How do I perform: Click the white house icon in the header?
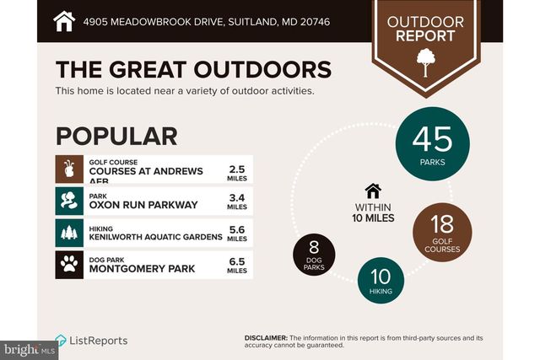point(64,21)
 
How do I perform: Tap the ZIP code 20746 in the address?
point(315,22)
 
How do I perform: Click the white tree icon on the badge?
point(425,62)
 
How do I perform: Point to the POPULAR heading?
point(116,137)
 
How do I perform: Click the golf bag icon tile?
point(69,169)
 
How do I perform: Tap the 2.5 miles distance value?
point(237,173)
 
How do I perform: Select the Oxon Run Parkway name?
point(143,205)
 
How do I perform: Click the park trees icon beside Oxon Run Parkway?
point(69,201)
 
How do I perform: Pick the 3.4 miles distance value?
point(237,201)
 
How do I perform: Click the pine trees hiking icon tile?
point(69,233)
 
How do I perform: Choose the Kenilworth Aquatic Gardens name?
point(155,237)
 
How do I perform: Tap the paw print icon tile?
point(69,265)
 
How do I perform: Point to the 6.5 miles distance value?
point(237,266)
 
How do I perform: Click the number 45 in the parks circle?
point(432,139)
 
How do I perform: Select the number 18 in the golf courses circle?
point(442,224)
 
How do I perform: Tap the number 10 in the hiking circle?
point(381,277)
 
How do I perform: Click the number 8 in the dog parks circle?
point(314,247)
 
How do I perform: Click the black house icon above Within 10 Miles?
point(373,191)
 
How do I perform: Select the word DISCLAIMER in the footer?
point(266,338)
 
